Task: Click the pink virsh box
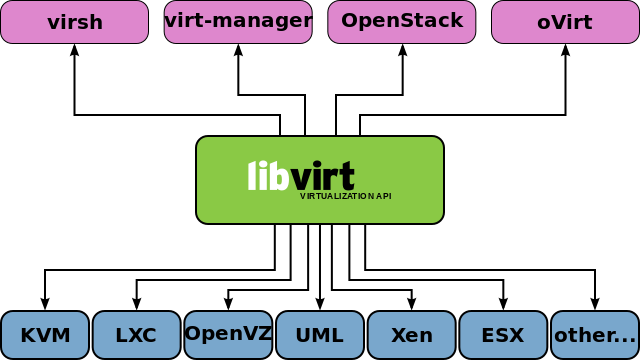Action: [x=74, y=22]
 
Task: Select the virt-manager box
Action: [x=238, y=22]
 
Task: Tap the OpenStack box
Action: [x=402, y=22]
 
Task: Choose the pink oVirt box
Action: [x=565, y=22]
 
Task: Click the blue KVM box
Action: [x=45, y=335]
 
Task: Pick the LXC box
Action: [x=136, y=335]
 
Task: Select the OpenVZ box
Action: [x=228, y=335]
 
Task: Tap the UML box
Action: [x=320, y=335]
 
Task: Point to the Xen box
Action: [x=411, y=335]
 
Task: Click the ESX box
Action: [x=503, y=335]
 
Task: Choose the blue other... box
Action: [x=595, y=335]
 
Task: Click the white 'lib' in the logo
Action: [x=268, y=176]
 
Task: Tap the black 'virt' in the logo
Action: [x=323, y=177]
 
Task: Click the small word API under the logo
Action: [x=384, y=196]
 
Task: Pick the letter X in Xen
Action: [x=398, y=335]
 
